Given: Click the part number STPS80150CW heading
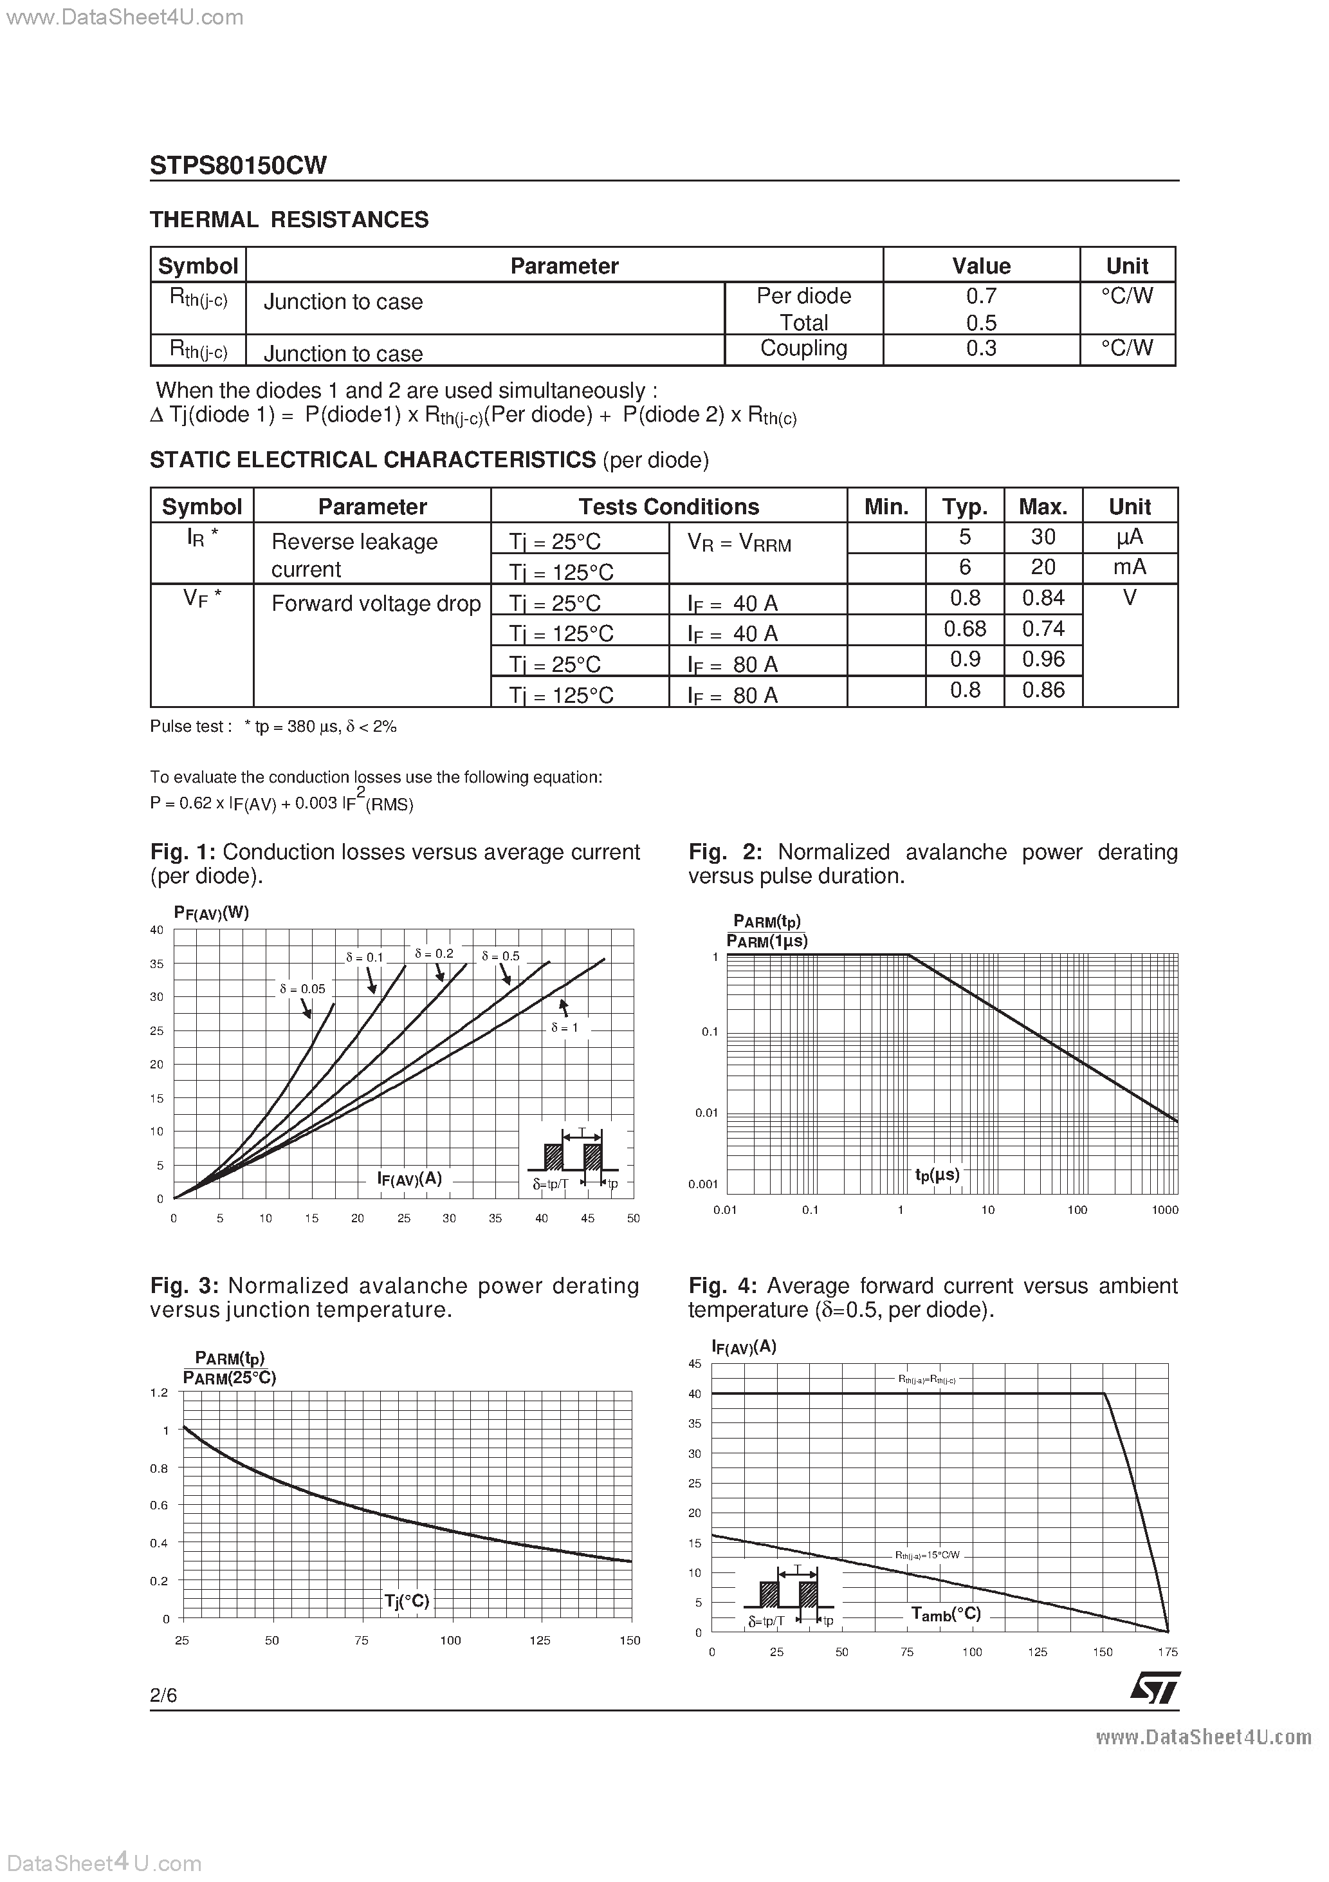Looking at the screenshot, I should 239,165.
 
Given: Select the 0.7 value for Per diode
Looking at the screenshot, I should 981,296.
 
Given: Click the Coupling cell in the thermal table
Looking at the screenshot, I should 803,348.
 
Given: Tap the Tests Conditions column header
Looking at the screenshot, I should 668,507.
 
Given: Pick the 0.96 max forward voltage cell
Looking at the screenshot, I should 1043,659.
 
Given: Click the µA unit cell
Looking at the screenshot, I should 1129,537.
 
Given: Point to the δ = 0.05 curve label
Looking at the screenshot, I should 302,989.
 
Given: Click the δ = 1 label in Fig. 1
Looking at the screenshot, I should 565,1027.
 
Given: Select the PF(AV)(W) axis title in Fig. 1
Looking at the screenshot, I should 212,912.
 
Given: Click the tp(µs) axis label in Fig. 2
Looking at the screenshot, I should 937,1175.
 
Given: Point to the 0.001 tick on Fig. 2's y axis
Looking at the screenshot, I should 703,1184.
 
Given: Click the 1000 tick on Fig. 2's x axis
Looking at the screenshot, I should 1164,1210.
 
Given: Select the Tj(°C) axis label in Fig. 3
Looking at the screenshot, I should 407,1601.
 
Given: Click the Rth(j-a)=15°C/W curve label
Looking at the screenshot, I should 927,1555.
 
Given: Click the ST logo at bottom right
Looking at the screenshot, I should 1155,1688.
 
